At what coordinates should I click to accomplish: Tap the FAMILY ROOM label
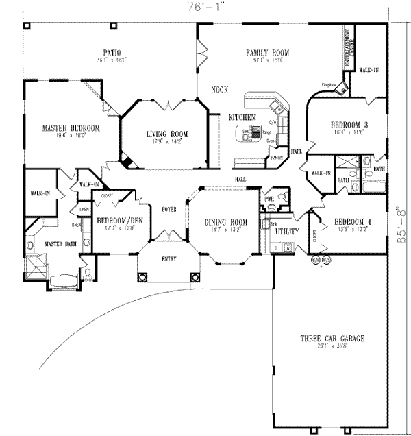coord(268,52)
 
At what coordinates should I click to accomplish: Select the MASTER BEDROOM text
coord(71,128)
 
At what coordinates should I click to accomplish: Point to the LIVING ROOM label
coord(167,134)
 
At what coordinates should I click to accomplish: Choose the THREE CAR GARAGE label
coord(332,339)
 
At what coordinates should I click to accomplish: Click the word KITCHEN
coord(242,117)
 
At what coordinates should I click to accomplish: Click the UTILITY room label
coord(285,231)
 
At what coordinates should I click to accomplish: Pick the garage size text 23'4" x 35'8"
coord(332,348)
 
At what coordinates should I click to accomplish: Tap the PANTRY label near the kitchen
coord(277,158)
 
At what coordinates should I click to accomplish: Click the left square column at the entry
coord(144,277)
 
